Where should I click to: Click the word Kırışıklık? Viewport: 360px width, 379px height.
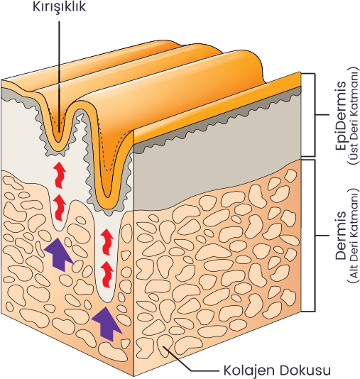pos(59,7)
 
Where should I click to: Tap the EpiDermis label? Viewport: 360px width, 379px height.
pos(341,115)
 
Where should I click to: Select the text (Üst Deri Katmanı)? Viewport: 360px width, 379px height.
pos(353,116)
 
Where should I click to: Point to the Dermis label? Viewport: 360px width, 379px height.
pos(341,236)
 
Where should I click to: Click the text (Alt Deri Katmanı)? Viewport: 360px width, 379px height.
pos(353,236)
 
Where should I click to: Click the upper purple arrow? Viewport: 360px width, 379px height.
pos(58,254)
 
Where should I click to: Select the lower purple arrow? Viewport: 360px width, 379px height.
pos(107,324)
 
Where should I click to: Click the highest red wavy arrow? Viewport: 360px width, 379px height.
pos(60,175)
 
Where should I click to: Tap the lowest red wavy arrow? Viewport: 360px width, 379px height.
pos(107,275)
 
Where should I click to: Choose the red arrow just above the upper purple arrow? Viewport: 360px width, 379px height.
pos(60,208)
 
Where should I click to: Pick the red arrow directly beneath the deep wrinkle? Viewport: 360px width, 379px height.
pos(107,242)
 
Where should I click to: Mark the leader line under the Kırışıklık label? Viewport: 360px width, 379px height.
pos(59,77)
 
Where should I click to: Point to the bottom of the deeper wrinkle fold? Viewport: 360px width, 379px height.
pos(108,197)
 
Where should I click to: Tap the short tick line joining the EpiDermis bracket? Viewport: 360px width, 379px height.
pos(322,115)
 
